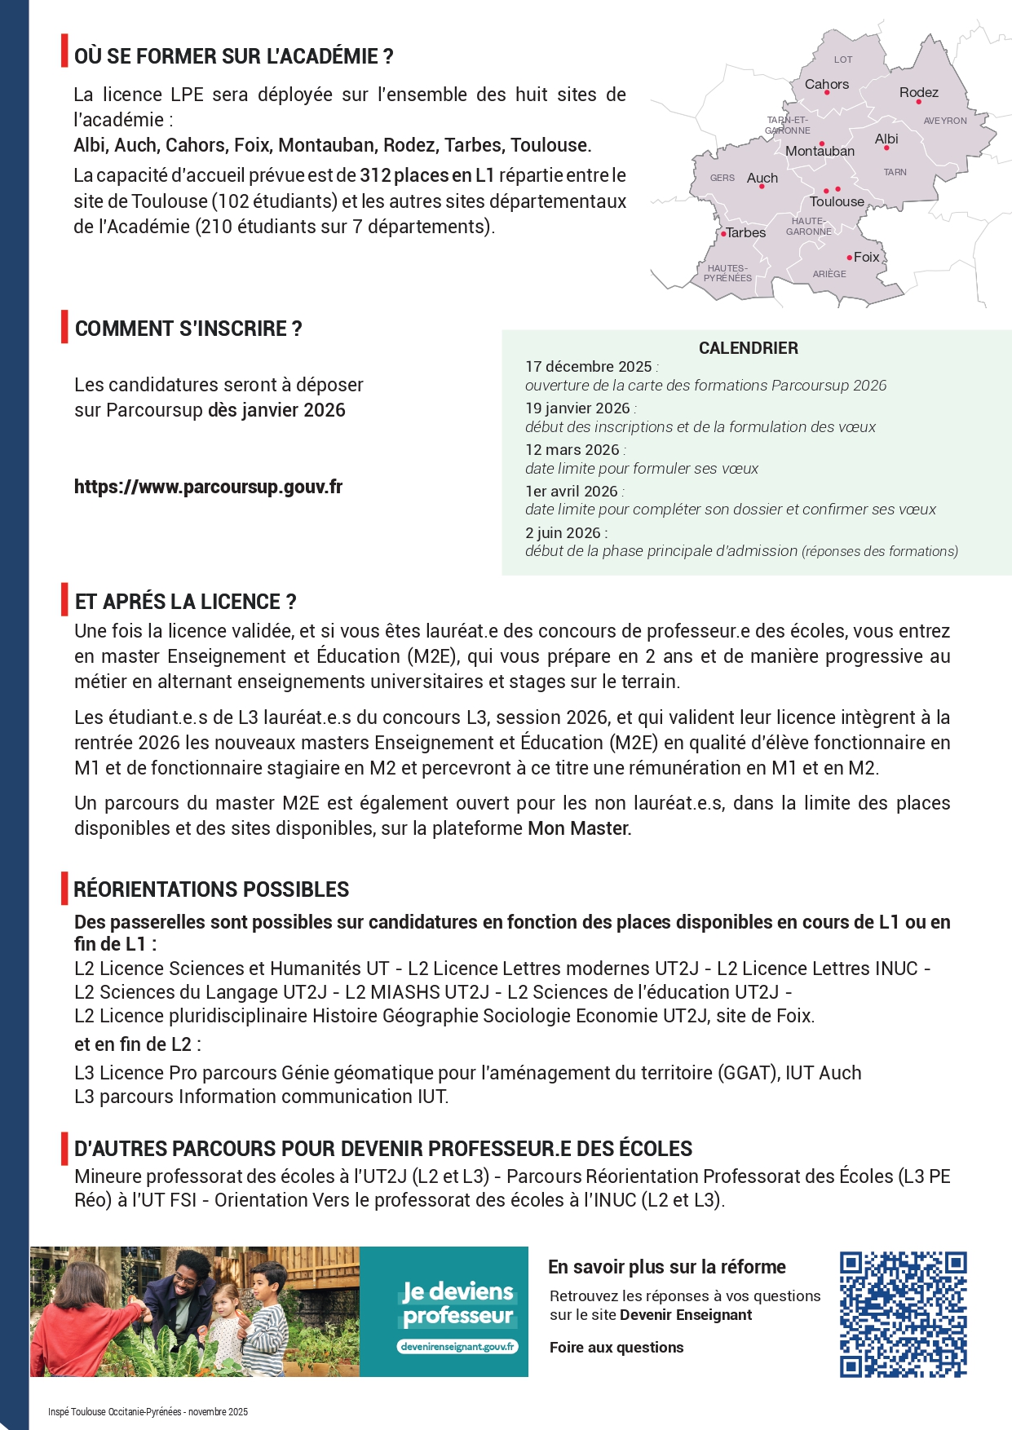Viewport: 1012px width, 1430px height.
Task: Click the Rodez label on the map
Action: [918, 92]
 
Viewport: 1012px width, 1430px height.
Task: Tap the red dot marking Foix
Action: [849, 258]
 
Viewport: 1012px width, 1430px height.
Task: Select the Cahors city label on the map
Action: [826, 84]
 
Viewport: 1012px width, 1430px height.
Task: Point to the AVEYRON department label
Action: [944, 121]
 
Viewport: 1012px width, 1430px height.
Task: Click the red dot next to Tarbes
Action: [723, 234]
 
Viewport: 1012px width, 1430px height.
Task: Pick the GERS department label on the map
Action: [722, 178]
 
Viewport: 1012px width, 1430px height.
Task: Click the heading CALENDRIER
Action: [748, 348]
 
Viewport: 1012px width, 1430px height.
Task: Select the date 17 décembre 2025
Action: [589, 367]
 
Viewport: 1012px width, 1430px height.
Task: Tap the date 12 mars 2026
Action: [572, 450]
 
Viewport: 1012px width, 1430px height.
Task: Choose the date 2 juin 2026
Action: [563, 533]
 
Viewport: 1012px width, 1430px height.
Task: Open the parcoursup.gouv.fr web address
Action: [208, 487]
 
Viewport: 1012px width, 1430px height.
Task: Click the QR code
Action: [903, 1314]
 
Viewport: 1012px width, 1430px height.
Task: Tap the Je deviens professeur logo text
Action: [457, 1304]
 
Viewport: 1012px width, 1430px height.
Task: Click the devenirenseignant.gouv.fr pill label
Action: [457, 1347]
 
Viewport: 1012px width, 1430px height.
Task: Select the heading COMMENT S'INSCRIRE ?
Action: [188, 329]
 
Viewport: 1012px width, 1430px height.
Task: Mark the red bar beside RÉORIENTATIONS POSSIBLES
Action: [64, 889]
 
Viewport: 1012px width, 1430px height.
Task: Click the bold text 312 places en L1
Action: [426, 175]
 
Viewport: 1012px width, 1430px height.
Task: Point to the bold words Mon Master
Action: [579, 828]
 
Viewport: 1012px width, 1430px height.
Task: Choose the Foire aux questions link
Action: [616, 1348]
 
